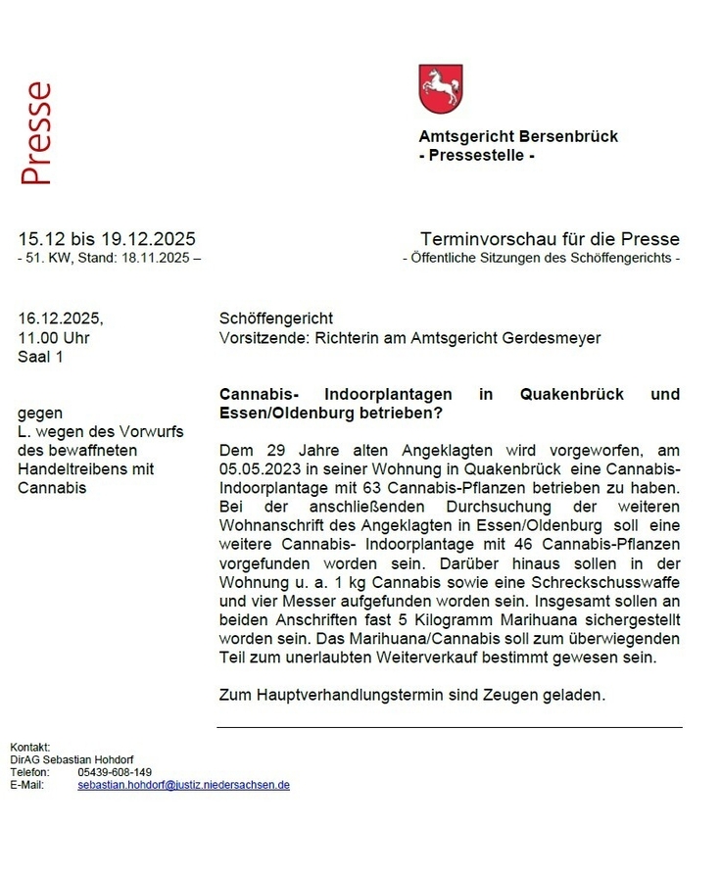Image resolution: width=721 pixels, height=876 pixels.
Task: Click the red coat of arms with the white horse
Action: (x=440, y=89)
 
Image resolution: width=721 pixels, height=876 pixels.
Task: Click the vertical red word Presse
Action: (x=35, y=134)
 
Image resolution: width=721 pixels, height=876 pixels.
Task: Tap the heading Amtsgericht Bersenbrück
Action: (x=518, y=136)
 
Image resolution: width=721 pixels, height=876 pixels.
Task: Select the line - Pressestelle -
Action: (x=476, y=155)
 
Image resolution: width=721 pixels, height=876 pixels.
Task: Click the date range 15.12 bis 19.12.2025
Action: (x=107, y=239)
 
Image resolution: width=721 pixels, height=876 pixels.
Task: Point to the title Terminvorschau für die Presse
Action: (x=550, y=239)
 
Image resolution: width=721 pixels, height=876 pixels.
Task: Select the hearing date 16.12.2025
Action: (x=60, y=318)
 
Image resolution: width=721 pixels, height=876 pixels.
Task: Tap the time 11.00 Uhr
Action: (x=54, y=338)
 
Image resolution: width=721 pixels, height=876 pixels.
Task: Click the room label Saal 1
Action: (x=40, y=357)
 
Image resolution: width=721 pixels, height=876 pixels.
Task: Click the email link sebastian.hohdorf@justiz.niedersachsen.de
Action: (x=183, y=785)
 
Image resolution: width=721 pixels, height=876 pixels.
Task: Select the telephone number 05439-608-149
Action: (x=115, y=772)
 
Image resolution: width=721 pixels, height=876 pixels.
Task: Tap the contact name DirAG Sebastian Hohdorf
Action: (x=72, y=759)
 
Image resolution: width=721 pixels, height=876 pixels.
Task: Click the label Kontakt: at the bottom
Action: (x=29, y=747)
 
